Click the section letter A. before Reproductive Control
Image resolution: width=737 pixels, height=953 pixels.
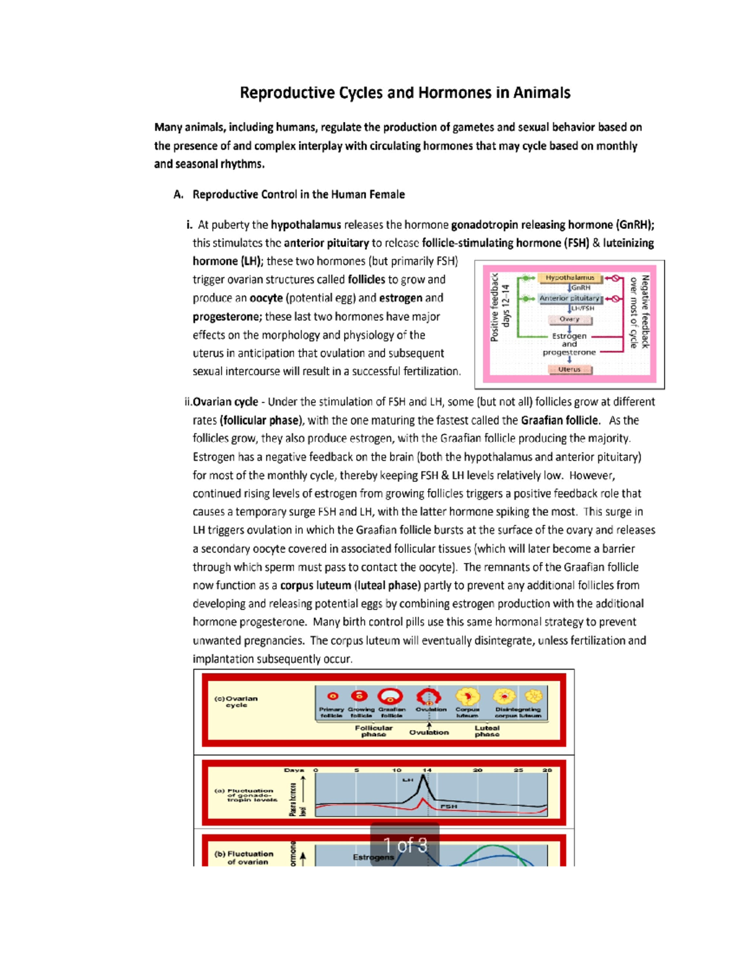tap(179, 195)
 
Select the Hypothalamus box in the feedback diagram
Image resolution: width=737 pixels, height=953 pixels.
tap(570, 278)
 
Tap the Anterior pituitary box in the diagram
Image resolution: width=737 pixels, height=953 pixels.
tap(569, 298)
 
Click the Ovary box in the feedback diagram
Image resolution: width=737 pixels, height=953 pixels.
tap(569, 319)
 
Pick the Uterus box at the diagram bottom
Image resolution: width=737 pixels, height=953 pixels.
tap(569, 369)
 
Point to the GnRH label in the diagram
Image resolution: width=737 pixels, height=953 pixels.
tap(581, 288)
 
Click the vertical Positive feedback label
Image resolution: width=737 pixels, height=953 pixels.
tap(494, 307)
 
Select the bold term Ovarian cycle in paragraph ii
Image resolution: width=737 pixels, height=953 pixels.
tap(225, 402)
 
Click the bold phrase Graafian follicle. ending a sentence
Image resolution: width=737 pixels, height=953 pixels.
tap(560, 420)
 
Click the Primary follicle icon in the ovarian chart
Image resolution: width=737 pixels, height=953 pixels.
tap(333, 696)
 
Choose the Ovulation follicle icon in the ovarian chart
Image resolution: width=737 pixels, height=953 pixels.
tap(429, 696)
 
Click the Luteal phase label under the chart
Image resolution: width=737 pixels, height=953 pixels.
tap(487, 731)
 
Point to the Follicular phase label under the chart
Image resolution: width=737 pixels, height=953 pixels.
tap(373, 731)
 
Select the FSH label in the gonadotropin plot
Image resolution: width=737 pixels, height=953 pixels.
tap(448, 806)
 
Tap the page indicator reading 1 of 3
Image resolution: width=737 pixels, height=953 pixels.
tap(405, 846)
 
